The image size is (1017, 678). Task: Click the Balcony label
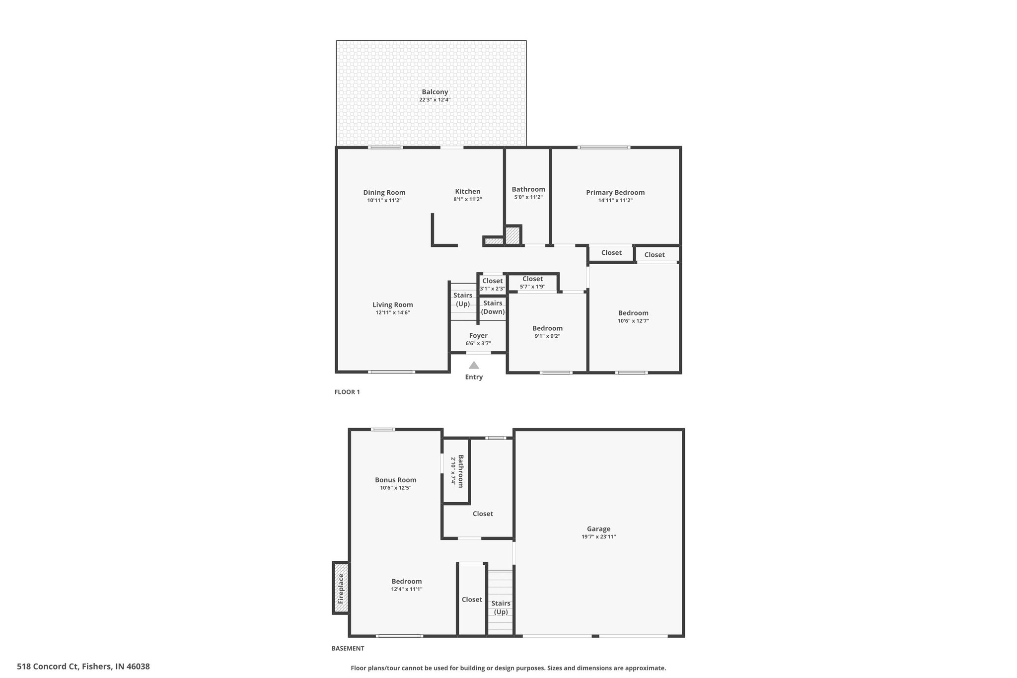(435, 92)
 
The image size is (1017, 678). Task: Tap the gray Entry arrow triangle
(474, 366)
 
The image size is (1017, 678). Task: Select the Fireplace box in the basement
(341, 588)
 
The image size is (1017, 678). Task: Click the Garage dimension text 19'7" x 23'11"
(598, 537)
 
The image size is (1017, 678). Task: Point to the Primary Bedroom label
(615, 193)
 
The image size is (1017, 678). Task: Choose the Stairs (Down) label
(493, 307)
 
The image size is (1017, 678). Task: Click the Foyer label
(478, 336)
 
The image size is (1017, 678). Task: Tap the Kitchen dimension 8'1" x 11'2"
(467, 200)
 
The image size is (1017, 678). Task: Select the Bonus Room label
(395, 480)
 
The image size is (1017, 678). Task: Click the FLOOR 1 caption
(347, 392)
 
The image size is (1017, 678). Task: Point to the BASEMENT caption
(348, 648)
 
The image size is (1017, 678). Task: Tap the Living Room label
(392, 305)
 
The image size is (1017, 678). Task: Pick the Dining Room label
(384, 193)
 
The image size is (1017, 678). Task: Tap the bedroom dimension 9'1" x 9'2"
(547, 336)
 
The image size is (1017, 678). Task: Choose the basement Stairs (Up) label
(501, 607)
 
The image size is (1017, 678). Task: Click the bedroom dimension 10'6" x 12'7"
(633, 321)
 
